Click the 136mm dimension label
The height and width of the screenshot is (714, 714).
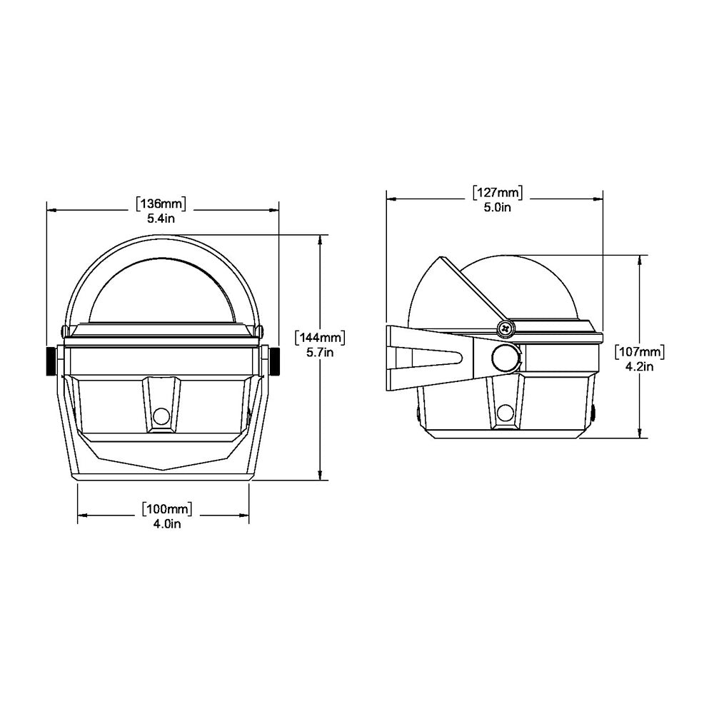161,204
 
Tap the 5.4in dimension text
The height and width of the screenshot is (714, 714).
161,218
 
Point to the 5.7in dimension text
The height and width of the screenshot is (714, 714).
321,352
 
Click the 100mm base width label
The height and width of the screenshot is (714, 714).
166,509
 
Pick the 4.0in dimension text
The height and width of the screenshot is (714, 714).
166,524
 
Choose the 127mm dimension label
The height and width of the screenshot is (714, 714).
497,192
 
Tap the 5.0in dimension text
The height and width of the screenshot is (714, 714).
497,207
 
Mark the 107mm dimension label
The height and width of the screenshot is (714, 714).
640,351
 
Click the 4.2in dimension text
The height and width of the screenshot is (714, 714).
640,366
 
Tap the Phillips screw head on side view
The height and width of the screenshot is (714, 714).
506,328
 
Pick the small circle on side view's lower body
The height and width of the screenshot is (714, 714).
506,412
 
